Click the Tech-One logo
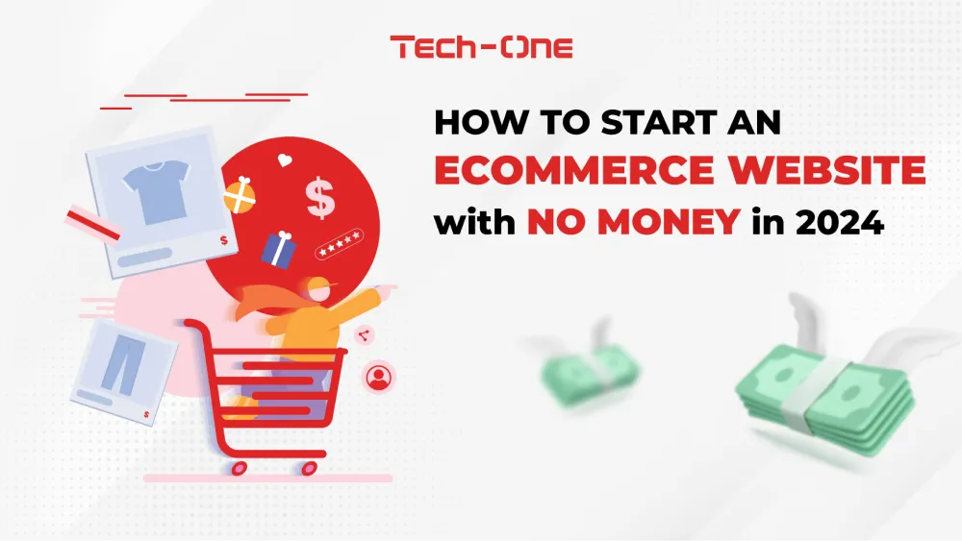481,47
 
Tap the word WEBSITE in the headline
827,170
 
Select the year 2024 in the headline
839,222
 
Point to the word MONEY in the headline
669,222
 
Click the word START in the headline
658,122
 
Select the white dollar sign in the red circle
320,197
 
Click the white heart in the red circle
285,160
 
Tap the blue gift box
279,250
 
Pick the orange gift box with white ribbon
240,195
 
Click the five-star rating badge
340,244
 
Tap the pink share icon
364,335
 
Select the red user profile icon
378,377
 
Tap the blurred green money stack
590,374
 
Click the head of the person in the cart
317,289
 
